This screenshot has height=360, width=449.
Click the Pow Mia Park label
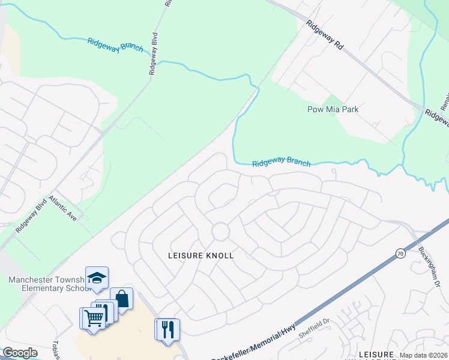pyautogui.click(x=333, y=109)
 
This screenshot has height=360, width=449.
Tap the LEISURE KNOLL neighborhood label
pyautogui.click(x=200, y=255)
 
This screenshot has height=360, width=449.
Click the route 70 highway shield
pyautogui.click(x=400, y=254)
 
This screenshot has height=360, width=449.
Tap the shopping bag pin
pyautogui.click(x=121, y=298)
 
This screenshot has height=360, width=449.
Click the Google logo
pyautogui.click(x=20, y=353)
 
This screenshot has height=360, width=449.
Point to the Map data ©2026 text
pyautogui.click(x=423, y=355)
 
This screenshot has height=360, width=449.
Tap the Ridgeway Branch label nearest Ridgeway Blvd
pyautogui.click(x=115, y=45)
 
